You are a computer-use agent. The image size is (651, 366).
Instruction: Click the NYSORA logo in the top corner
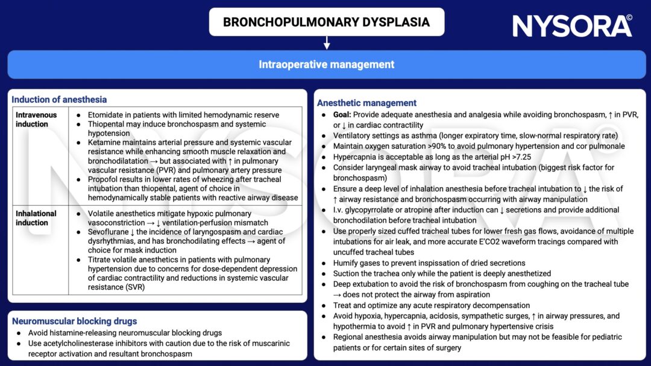pyautogui.click(x=572, y=26)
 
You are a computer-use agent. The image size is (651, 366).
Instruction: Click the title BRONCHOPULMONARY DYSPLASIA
pyautogui.click(x=326, y=22)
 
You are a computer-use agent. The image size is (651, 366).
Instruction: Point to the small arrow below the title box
pyautogui.click(x=326, y=43)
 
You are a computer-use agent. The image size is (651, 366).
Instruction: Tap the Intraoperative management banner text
pyautogui.click(x=326, y=64)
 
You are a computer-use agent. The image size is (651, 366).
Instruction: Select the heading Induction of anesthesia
pyautogui.click(x=59, y=99)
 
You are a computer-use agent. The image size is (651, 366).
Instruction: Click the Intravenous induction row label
pyautogui.click(x=37, y=119)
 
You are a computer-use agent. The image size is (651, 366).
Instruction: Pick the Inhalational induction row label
pyautogui.click(x=36, y=218)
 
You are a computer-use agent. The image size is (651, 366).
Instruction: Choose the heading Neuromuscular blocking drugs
pyautogui.click(x=74, y=321)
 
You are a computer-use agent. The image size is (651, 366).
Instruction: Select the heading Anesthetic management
pyautogui.click(x=367, y=102)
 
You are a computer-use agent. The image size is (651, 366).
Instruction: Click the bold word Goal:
pyautogui.click(x=344, y=114)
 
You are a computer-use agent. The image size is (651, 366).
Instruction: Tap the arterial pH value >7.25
pyautogui.click(x=507, y=157)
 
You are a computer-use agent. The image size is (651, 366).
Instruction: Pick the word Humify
pyautogui.click(x=348, y=262)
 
